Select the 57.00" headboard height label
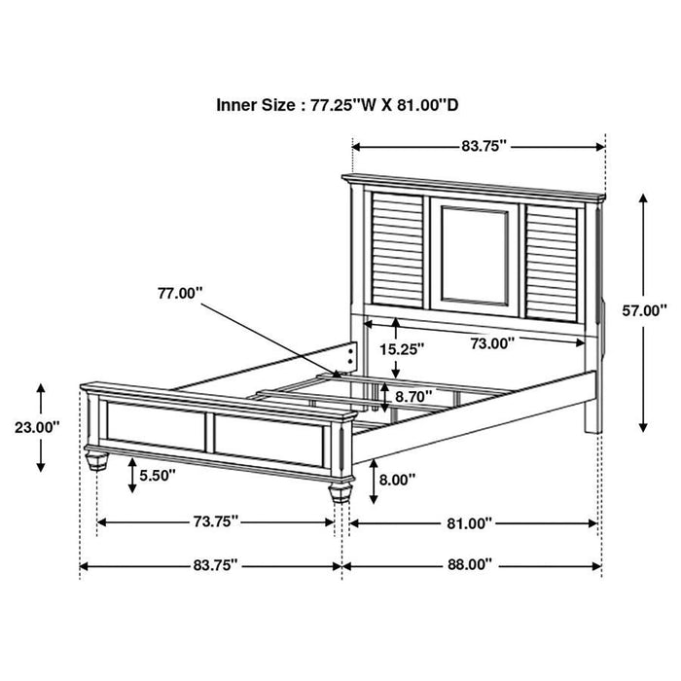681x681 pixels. (x=644, y=311)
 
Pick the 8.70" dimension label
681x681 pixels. (x=414, y=397)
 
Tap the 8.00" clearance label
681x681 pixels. (x=398, y=479)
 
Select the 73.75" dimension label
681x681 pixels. (x=215, y=521)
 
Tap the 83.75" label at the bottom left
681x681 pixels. (x=209, y=564)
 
